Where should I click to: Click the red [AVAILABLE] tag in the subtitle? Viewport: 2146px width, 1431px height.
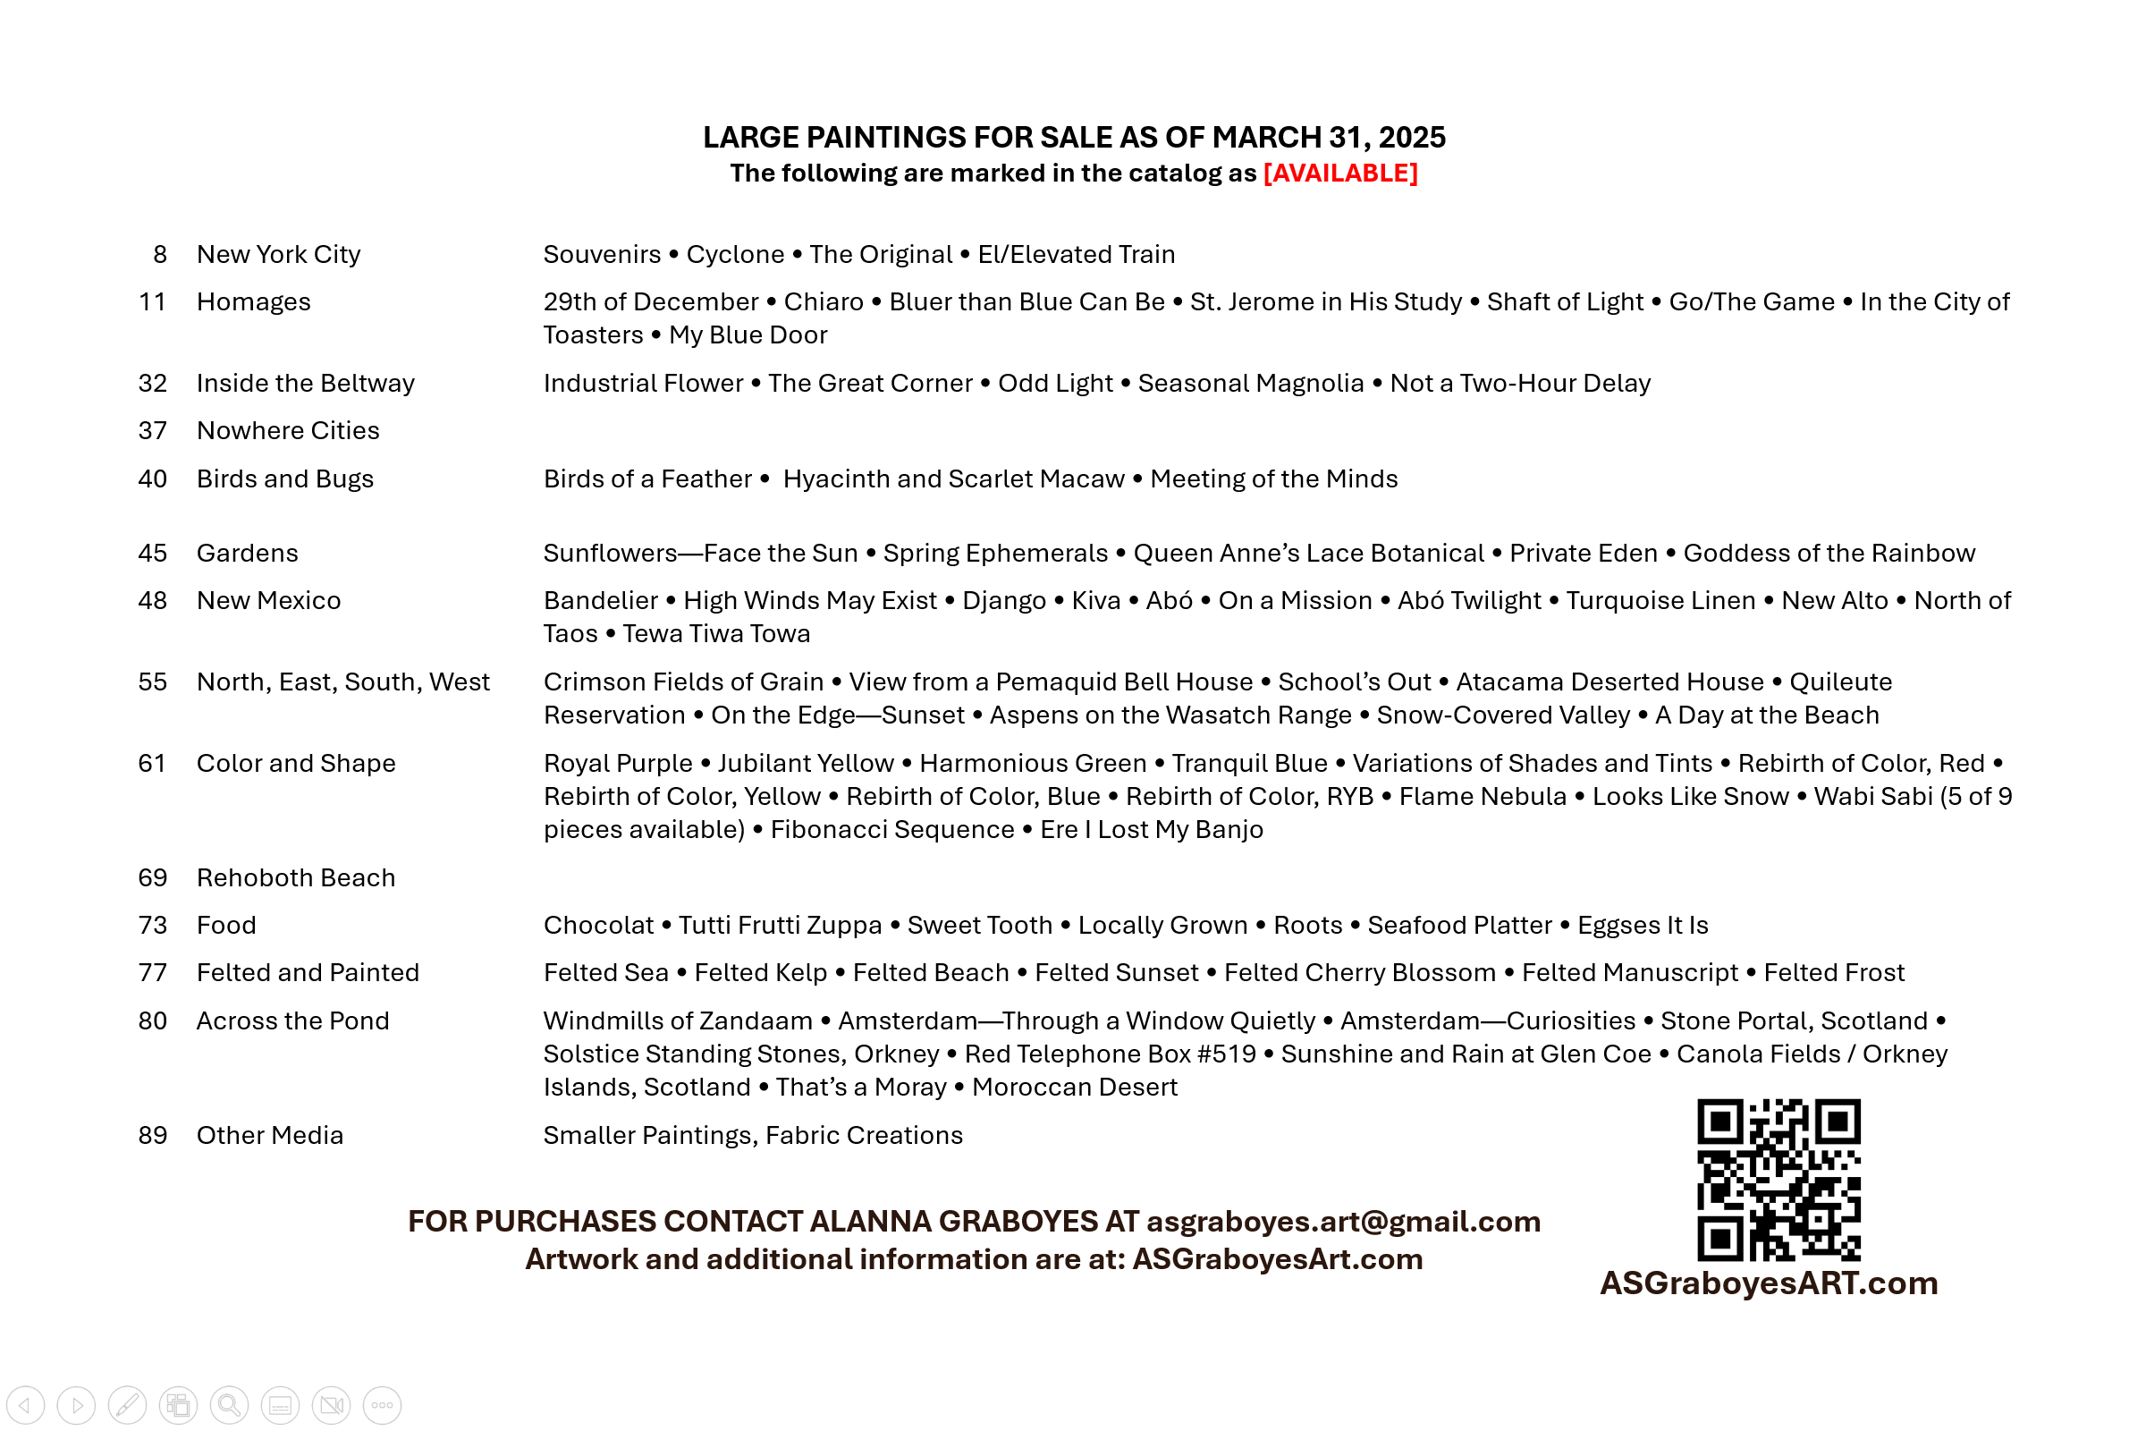[x=1339, y=174]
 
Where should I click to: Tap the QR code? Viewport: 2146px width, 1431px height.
[x=1778, y=1179]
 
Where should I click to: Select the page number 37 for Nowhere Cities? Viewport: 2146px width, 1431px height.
[x=152, y=431]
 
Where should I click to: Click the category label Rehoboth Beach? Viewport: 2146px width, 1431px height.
[x=296, y=878]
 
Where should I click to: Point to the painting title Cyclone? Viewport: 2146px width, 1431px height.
[x=734, y=255]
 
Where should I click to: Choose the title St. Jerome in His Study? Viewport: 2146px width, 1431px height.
[x=1325, y=302]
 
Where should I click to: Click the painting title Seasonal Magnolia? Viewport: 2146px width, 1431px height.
[x=1250, y=384]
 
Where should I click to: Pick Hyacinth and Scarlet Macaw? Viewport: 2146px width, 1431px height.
[x=953, y=479]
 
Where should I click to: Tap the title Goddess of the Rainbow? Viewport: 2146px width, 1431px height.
[x=1829, y=553]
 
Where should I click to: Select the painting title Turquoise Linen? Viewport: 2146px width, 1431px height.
[x=1660, y=600]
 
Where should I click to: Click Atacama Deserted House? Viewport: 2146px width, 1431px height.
[x=1609, y=682]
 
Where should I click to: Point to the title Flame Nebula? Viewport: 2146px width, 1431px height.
[x=1482, y=797]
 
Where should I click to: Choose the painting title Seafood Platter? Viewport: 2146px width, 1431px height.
[x=1459, y=926]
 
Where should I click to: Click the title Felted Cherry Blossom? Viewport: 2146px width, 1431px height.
[x=1359, y=973]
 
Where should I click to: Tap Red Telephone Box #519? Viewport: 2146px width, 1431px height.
[x=1110, y=1054]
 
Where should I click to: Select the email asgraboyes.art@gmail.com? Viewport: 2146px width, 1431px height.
[x=1343, y=1222]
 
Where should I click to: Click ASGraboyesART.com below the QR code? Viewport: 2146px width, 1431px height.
[x=1769, y=1283]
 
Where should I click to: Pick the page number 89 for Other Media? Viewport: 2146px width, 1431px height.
[x=152, y=1135]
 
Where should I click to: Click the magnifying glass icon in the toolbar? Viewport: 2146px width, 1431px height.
[x=229, y=1404]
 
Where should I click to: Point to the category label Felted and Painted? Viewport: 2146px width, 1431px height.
[x=308, y=973]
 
